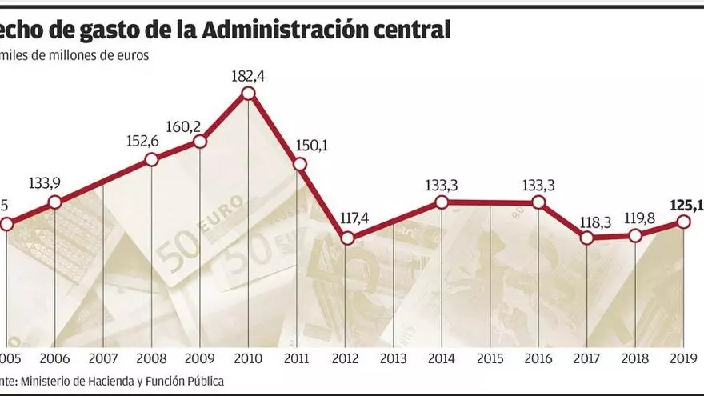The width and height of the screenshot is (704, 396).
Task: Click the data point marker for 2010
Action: tap(248, 94)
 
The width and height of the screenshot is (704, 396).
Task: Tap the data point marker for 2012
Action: tap(346, 238)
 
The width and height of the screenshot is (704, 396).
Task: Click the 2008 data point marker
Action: tap(151, 160)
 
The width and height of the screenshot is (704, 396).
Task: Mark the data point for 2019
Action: tap(684, 222)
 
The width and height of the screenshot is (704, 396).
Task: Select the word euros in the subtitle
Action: tap(131, 56)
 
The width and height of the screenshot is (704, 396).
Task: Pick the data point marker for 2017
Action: tap(587, 238)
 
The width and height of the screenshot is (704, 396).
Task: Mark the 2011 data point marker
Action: tap(299, 165)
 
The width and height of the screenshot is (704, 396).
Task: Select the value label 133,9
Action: tap(55, 183)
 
